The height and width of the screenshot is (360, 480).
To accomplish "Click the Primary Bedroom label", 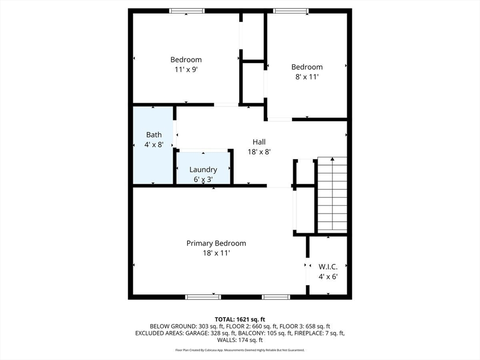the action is [x=216, y=243].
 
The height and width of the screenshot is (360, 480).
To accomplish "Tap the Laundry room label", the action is [x=203, y=170].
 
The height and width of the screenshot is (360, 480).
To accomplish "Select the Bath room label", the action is [x=154, y=135].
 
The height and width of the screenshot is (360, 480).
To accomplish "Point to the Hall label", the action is [x=259, y=142].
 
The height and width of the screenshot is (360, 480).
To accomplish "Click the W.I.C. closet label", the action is [x=328, y=267].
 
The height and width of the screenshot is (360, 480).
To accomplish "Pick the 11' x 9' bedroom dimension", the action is [x=186, y=69].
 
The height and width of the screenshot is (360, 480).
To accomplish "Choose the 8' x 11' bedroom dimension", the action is [x=307, y=77].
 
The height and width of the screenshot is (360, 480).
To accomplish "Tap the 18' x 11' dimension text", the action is [x=216, y=253].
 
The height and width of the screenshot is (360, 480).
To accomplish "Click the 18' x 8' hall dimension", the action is [x=259, y=151].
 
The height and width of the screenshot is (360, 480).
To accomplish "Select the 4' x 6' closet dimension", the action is [x=328, y=277].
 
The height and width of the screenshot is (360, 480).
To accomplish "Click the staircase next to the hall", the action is [x=332, y=195].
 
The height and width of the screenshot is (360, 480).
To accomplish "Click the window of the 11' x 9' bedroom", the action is [x=187, y=11].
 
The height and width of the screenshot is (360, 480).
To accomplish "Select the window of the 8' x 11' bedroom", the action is [x=291, y=11].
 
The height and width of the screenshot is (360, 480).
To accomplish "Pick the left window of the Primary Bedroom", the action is [x=203, y=297].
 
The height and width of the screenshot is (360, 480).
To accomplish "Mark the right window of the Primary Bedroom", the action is [x=276, y=297].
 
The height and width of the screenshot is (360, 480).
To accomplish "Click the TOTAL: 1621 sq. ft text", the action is [x=240, y=320].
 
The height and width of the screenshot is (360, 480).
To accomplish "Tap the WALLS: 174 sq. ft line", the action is [x=240, y=340].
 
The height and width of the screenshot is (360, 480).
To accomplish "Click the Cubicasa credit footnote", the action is [x=240, y=350].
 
